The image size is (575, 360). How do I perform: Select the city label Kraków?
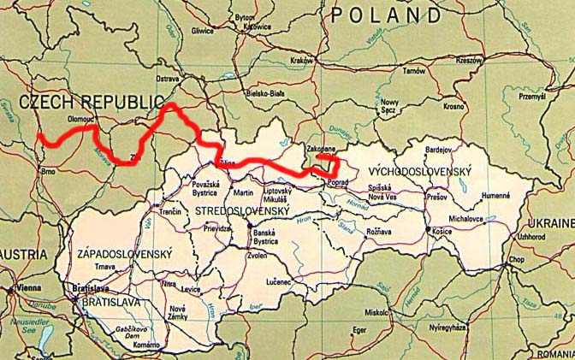pos(301,61)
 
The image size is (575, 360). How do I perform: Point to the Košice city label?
pos(442,232)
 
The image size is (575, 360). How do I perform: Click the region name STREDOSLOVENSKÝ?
pos(242,210)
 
